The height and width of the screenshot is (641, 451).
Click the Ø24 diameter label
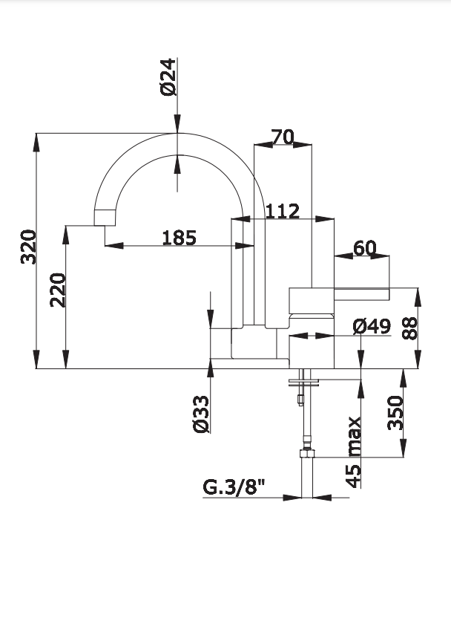[x=168, y=77]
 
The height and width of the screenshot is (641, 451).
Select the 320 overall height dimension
[x=29, y=247]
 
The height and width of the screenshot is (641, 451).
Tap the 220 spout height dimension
[x=58, y=290]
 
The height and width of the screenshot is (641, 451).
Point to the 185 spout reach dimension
[x=180, y=238]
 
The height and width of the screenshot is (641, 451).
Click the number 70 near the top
[x=283, y=137]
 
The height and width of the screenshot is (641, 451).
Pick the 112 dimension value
[x=283, y=212]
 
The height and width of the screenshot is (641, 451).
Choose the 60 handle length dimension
[x=365, y=248]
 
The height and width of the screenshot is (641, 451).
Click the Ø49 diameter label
[x=372, y=326]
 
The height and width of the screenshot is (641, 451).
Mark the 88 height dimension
[x=409, y=328]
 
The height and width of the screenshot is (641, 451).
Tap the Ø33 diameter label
[x=201, y=414]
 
